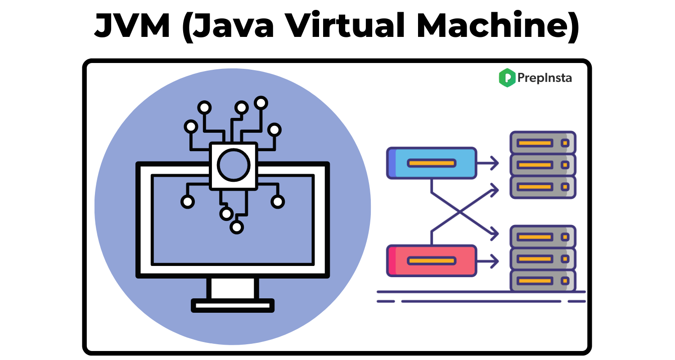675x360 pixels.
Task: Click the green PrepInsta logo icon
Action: click(x=507, y=78)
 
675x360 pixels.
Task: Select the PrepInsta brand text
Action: click(x=544, y=78)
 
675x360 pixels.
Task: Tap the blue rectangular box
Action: click(x=431, y=163)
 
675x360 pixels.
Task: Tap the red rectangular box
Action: click(x=431, y=261)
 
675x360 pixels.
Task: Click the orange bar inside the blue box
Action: click(x=432, y=163)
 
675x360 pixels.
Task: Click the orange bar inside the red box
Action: click(x=432, y=261)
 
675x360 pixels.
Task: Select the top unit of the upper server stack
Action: click(x=542, y=143)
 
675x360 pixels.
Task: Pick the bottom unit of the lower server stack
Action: click(x=542, y=281)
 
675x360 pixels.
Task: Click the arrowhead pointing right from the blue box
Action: click(x=495, y=163)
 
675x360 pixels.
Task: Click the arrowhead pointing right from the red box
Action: click(x=495, y=261)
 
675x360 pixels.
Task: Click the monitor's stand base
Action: click(x=233, y=305)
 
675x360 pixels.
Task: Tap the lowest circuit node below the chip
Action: click(x=236, y=227)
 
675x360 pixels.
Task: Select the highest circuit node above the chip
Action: click(x=261, y=103)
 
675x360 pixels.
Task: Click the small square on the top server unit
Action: click(x=565, y=143)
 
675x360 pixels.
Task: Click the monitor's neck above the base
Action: click(x=233, y=288)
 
